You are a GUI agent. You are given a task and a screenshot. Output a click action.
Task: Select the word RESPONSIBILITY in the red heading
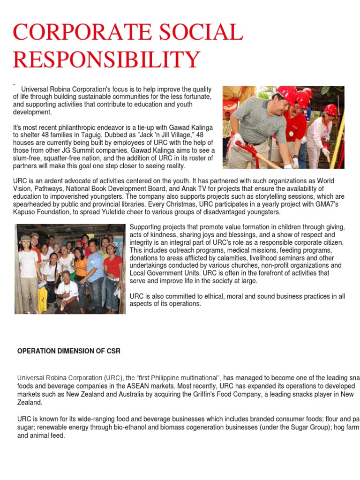(x=106, y=60)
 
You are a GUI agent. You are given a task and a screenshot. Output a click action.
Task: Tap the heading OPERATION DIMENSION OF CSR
(x=68, y=351)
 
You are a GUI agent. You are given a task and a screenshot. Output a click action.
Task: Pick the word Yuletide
(x=123, y=212)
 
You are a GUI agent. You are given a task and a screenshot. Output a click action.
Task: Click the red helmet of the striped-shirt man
(x=285, y=94)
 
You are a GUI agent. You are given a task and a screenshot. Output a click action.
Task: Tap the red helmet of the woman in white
(x=331, y=109)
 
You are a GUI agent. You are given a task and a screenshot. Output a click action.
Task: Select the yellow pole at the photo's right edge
(x=340, y=136)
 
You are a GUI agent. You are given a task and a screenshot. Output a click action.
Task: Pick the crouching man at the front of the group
(x=67, y=291)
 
